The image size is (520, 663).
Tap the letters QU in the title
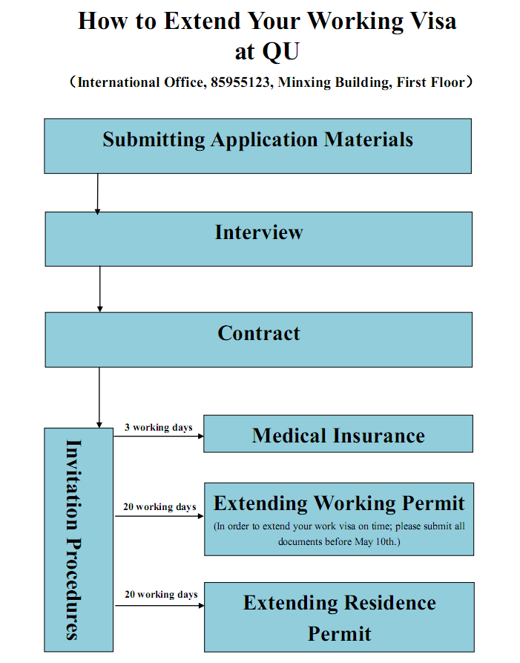coord(280,51)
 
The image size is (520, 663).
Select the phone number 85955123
coord(240,82)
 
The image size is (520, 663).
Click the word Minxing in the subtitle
coord(304,82)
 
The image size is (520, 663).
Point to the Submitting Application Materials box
coord(257,146)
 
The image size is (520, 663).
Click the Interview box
coord(259,239)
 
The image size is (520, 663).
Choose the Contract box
coord(259,339)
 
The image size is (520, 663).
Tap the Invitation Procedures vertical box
coord(79,540)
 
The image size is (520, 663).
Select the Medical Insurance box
coord(338,434)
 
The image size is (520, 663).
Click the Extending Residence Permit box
coord(339,617)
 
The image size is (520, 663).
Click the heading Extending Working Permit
coord(339,503)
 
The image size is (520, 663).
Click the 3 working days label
coord(159,428)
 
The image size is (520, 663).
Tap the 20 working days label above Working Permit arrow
coord(159,506)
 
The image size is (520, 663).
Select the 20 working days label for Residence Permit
coord(161,595)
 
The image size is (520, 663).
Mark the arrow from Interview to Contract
coord(99,289)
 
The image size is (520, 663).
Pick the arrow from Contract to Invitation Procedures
coord(99,397)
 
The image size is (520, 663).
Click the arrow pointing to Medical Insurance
coord(159,436)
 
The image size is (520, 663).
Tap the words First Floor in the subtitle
coord(430,82)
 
